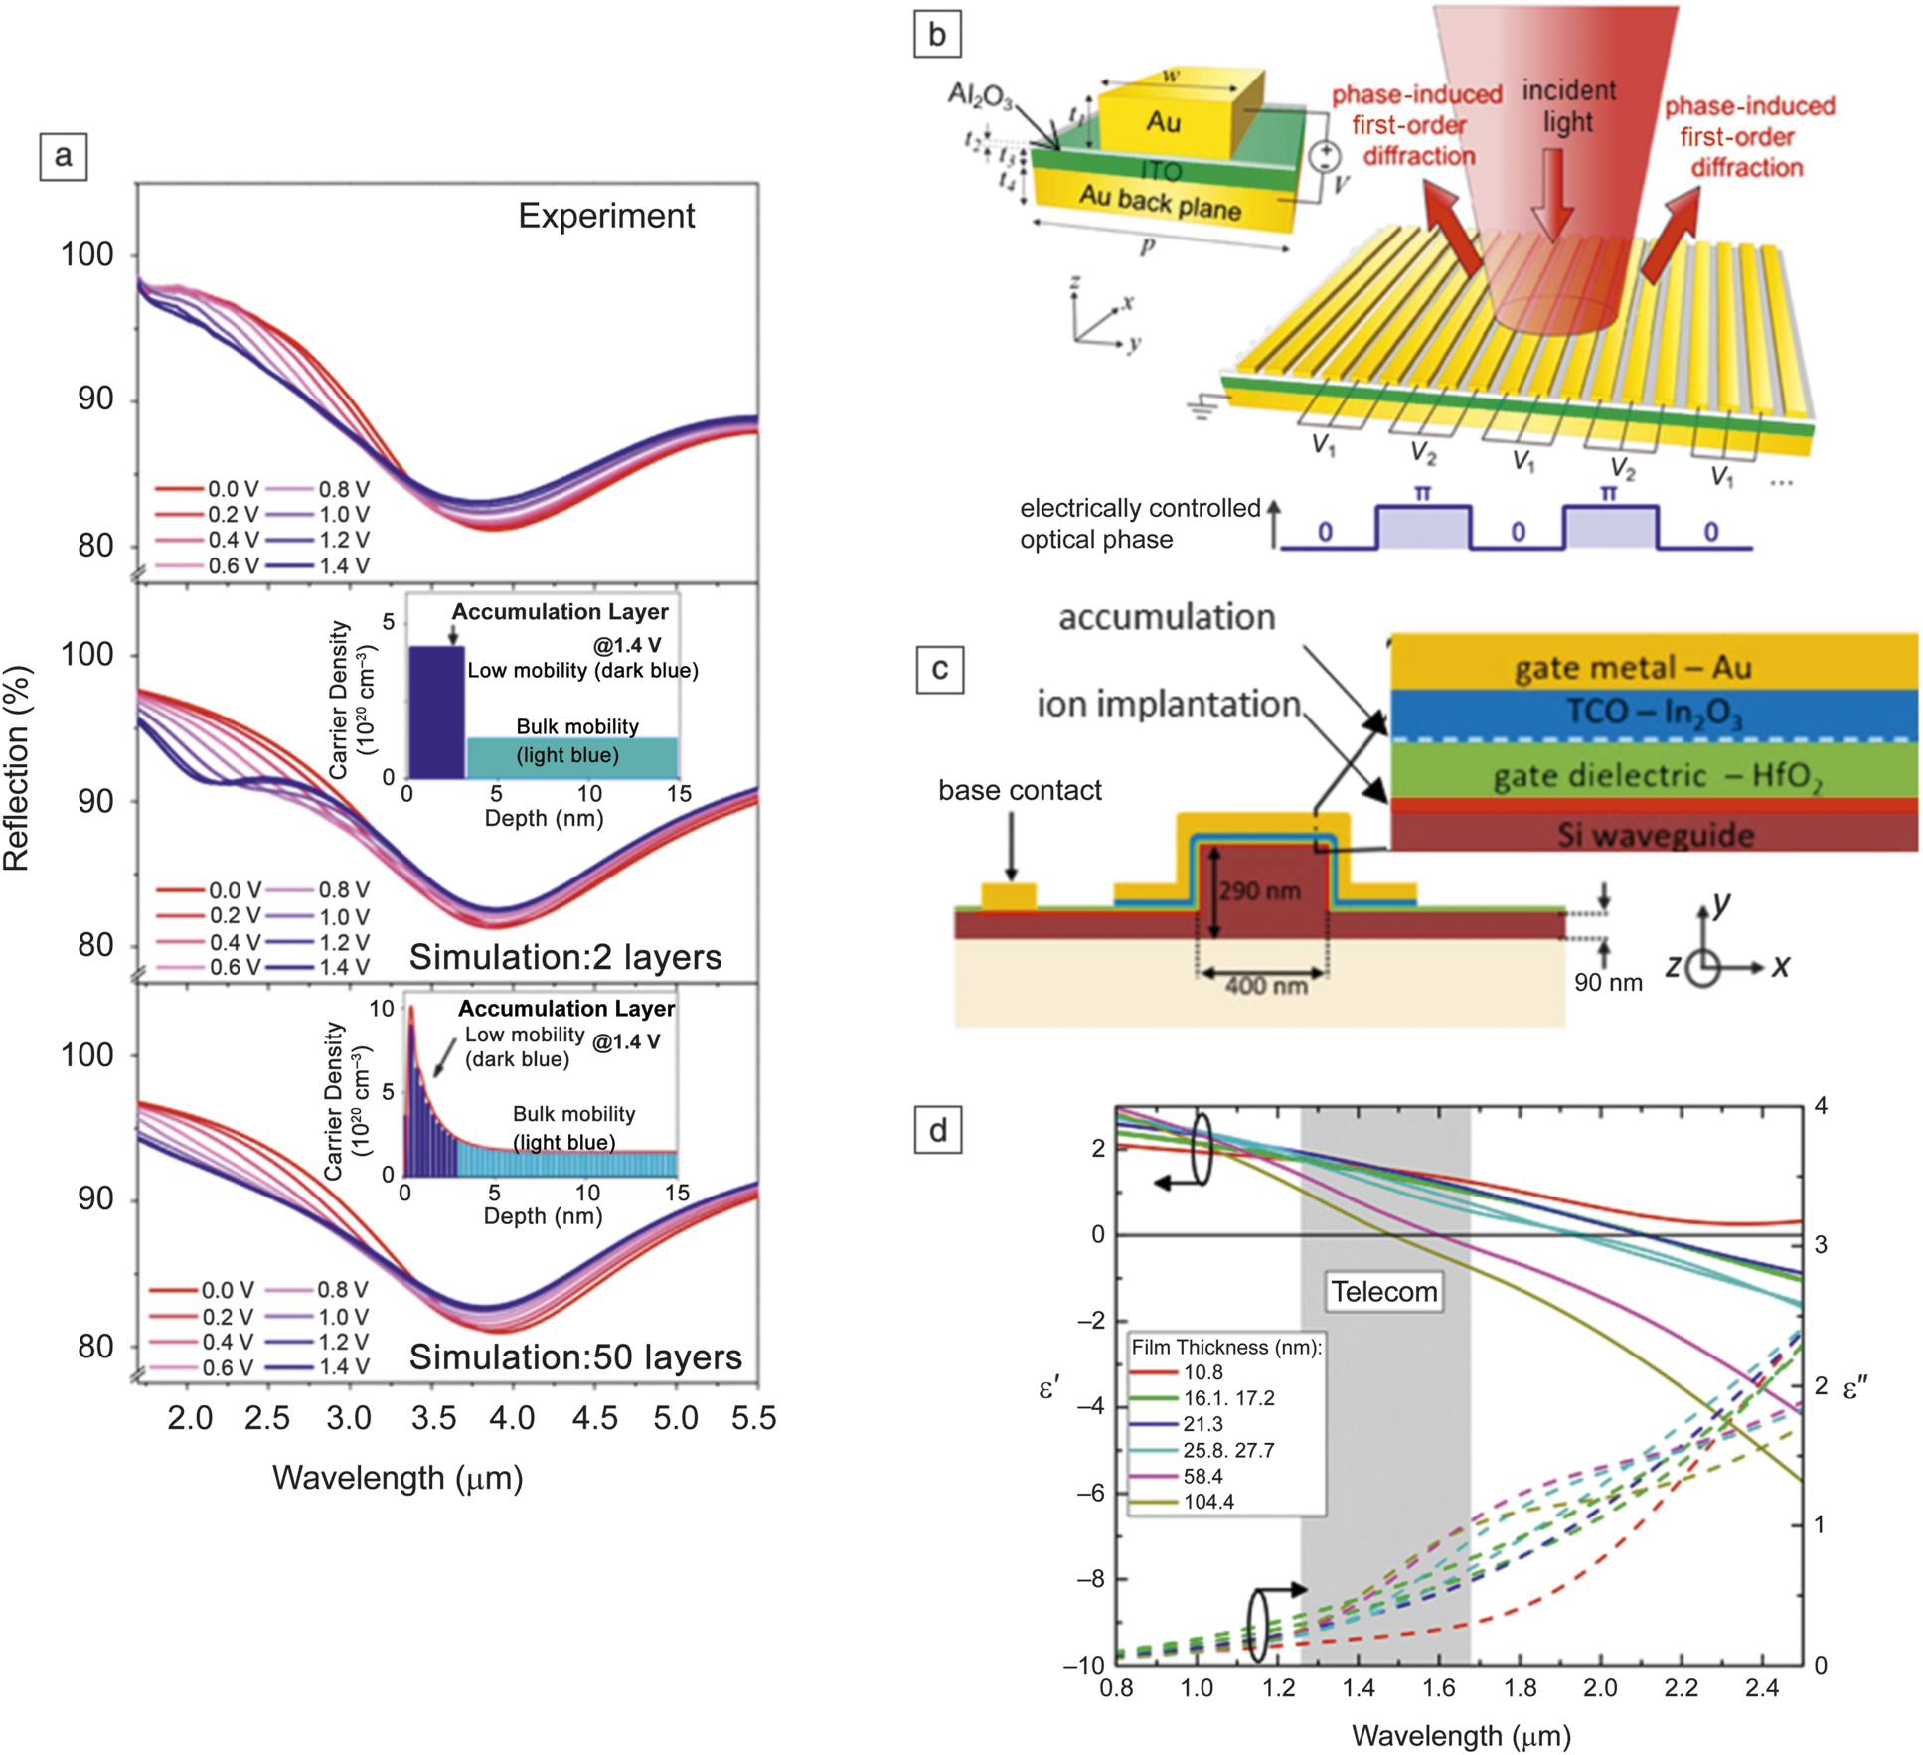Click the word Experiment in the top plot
click(x=606, y=216)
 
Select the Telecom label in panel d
click(x=1383, y=1291)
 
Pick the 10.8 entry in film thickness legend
click(x=1202, y=1372)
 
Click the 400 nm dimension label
click(x=1265, y=985)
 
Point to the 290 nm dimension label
click(x=1259, y=890)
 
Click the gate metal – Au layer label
click(x=1632, y=667)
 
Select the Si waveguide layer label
click(x=1655, y=835)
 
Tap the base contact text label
click(x=1020, y=790)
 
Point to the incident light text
click(x=1568, y=106)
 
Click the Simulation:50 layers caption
click(x=575, y=1356)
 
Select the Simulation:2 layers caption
click(x=564, y=956)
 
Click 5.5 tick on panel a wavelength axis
click(x=753, y=1418)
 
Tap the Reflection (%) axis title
click(x=17, y=768)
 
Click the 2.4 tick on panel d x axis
click(x=1761, y=1688)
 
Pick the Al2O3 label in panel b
click(x=979, y=96)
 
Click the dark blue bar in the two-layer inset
click(x=436, y=712)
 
